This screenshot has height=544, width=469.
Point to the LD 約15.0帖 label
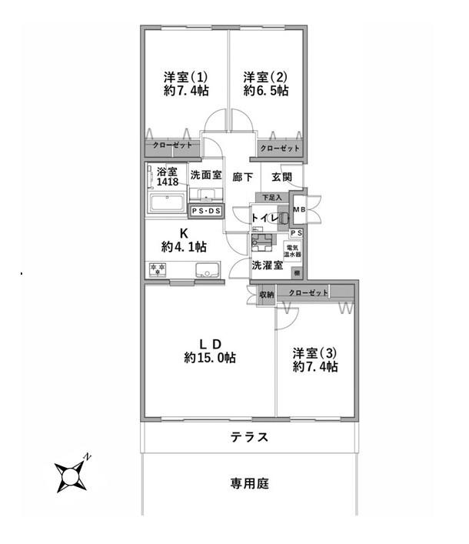click(210, 351)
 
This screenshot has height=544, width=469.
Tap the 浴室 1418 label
click(168, 177)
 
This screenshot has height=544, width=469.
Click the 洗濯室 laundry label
click(268, 265)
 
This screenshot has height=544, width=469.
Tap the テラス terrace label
click(249, 438)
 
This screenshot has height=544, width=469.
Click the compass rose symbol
click(72, 476)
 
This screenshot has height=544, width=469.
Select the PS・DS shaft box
click(205, 210)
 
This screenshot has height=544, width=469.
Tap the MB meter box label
click(298, 209)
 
